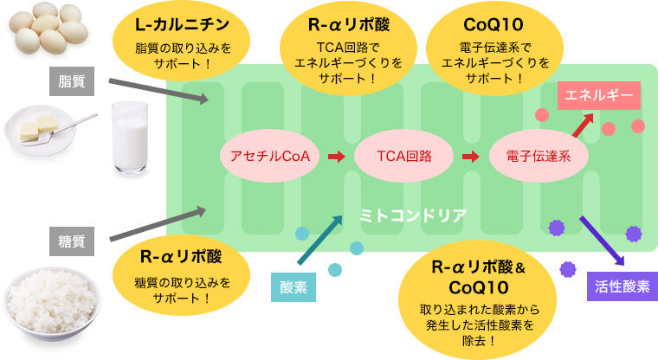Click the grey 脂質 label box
point(72,81)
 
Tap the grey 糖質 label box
point(72,241)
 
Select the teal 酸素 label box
point(294,287)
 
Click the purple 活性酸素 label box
point(623,286)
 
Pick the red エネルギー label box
point(599,96)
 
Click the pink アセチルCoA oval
point(270,156)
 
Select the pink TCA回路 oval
point(404,156)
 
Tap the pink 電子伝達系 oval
point(539,156)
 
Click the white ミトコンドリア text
point(413,215)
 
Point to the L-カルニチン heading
point(182,25)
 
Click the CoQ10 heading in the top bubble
point(493,25)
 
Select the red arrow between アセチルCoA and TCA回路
point(337,157)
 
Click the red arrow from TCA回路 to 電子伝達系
point(471,157)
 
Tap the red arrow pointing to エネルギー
point(583,125)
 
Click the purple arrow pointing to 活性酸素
point(603,241)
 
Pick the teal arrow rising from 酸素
point(319,240)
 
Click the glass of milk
point(130,138)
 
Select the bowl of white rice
point(52,304)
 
